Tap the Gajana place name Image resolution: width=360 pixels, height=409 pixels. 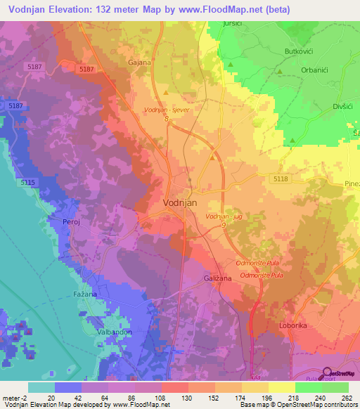(x=139, y=62)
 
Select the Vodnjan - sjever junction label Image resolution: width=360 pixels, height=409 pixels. (x=167, y=110)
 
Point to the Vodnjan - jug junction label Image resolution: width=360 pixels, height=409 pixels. (x=224, y=217)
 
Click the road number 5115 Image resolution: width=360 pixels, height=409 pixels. (x=28, y=182)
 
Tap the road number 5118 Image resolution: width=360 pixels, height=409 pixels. (x=280, y=179)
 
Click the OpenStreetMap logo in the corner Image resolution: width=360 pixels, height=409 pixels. (x=339, y=372)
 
